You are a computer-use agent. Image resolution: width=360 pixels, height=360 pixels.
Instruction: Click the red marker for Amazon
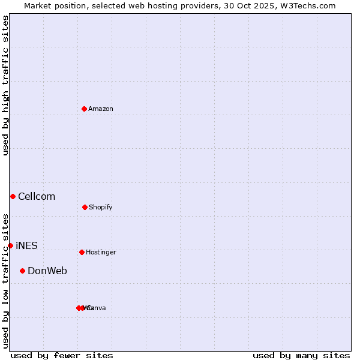point(85,109)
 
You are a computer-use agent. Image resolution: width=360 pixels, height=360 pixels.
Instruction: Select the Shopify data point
point(85,207)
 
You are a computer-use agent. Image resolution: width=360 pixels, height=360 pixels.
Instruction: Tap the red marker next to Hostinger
point(82,252)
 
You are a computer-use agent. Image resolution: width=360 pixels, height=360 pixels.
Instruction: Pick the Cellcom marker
point(13,196)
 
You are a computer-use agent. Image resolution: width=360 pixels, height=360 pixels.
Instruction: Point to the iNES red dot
point(10,245)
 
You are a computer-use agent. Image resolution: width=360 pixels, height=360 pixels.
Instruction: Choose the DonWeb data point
point(23,271)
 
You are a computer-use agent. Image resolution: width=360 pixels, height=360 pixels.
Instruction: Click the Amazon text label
point(101,109)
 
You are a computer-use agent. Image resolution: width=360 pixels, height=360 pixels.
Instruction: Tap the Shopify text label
point(101,207)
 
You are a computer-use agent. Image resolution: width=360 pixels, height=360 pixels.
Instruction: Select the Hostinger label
point(101,252)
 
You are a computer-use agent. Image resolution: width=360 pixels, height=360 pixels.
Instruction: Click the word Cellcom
point(37,196)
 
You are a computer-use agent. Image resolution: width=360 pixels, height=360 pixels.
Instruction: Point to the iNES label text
point(26,245)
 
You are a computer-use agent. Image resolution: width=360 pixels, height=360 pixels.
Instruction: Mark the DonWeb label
point(47,271)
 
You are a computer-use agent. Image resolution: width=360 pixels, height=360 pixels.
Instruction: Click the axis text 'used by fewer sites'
point(62,355)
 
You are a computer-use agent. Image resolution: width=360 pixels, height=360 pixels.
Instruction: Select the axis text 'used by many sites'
point(301,355)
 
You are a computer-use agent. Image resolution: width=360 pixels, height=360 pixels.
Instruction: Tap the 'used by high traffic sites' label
point(5,85)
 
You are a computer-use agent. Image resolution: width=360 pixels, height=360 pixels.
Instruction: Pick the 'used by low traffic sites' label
point(5,281)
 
